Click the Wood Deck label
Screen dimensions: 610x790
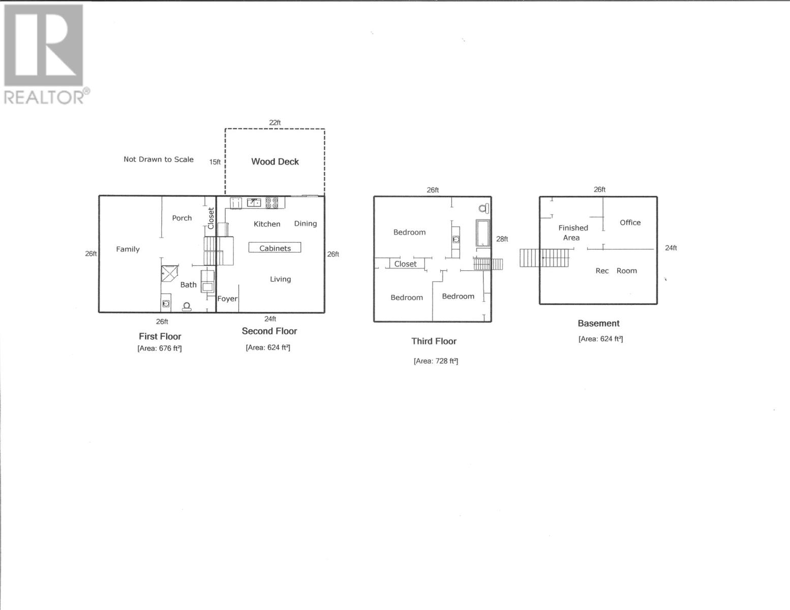275,162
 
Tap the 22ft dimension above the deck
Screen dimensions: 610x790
275,123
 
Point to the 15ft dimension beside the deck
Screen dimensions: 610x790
215,162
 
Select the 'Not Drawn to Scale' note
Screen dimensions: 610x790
158,159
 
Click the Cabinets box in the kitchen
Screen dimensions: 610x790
275,248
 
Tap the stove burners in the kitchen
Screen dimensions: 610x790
272,203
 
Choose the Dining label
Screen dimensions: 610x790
305,224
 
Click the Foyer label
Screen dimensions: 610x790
227,298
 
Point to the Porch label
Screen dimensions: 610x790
181,218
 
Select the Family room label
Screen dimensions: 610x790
128,249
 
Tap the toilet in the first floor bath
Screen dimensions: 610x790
187,306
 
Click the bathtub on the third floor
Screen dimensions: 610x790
482,233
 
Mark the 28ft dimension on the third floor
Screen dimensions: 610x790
502,239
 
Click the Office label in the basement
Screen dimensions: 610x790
630,223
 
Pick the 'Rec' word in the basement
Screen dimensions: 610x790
602,271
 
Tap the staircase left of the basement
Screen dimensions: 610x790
544,258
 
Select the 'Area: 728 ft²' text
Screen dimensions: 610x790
436,361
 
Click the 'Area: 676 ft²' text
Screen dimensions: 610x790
160,348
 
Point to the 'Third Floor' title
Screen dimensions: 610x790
434,341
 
